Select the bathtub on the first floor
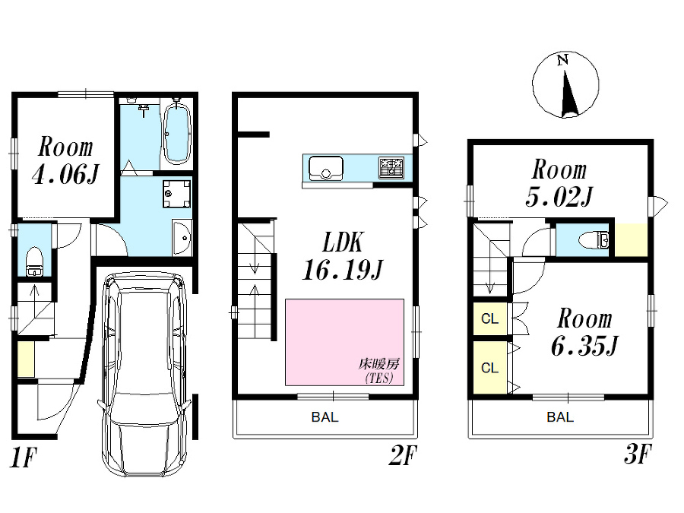[176, 135]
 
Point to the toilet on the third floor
[594, 241]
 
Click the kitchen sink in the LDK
[325, 166]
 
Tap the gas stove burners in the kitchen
[393, 166]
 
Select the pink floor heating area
[344, 341]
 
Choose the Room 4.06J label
[65, 161]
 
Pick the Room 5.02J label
[559, 182]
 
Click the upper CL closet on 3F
[490, 319]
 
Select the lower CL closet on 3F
[490, 368]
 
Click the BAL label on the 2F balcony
[325, 417]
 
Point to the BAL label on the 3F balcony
[560, 417]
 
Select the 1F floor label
[24, 458]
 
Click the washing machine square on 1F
[177, 193]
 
